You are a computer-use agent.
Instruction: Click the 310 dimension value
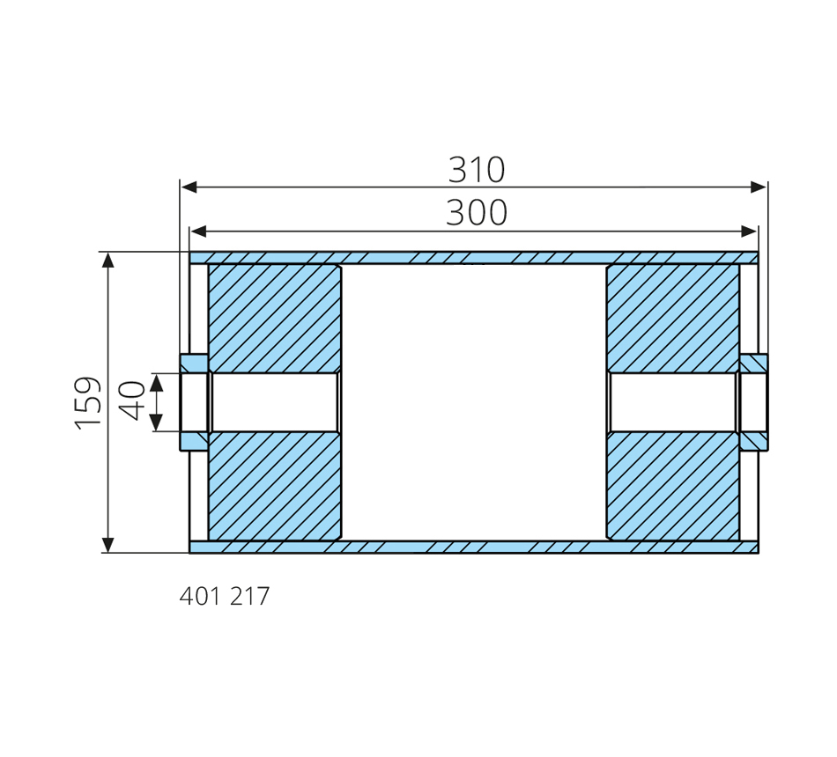pyautogui.click(x=476, y=170)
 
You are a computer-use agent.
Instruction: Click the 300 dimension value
pyautogui.click(x=476, y=213)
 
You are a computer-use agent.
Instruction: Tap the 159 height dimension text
pyautogui.click(x=87, y=403)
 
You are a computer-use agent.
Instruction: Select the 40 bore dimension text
pyautogui.click(x=131, y=401)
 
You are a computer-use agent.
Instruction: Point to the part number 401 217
pyautogui.click(x=225, y=596)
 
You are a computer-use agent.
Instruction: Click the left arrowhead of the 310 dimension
pyautogui.click(x=189, y=187)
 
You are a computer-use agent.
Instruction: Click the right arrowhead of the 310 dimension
pyautogui.click(x=759, y=187)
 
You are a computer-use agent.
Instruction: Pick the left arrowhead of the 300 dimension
pyautogui.click(x=198, y=232)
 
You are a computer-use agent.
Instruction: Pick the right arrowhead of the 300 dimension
pyautogui.click(x=749, y=232)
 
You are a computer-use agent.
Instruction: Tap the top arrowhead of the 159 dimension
pyautogui.click(x=108, y=261)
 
